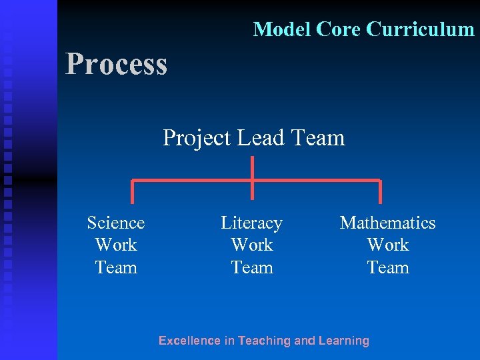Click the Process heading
(116, 65)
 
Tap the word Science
(116, 223)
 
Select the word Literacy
(251, 223)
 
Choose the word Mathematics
(387, 223)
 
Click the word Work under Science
(116, 245)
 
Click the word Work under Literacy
(251, 245)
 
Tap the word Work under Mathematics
(387, 245)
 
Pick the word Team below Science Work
(116, 267)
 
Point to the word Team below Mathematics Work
(387, 267)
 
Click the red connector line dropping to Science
(132, 191)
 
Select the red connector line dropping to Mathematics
(380, 191)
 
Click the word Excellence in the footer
(189, 341)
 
